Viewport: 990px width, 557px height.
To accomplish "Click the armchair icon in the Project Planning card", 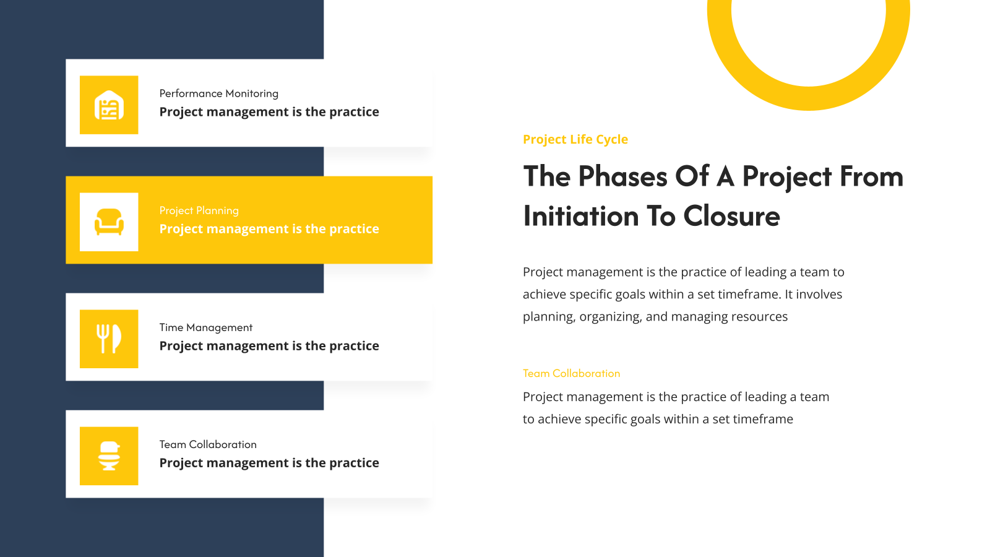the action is (x=109, y=222).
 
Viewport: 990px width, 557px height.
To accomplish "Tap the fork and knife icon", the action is (x=109, y=339).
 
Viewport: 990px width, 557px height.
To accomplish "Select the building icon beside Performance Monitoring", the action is (x=109, y=105).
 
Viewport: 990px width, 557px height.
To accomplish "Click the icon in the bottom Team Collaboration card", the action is (x=109, y=456).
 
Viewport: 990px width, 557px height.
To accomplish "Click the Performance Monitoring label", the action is (x=219, y=93).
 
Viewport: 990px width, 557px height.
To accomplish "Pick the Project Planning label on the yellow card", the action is (x=199, y=211).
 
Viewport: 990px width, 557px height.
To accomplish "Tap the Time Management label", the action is (x=206, y=327).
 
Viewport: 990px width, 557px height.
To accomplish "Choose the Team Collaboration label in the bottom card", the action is (x=208, y=444).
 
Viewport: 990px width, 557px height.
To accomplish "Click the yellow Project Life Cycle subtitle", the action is (x=575, y=139).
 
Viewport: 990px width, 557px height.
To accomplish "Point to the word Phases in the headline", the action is (x=622, y=176).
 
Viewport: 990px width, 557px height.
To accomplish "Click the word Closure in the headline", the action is (x=731, y=216).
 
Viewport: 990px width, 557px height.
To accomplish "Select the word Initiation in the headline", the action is (x=581, y=216).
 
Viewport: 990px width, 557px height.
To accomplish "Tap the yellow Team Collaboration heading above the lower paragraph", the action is (x=572, y=374).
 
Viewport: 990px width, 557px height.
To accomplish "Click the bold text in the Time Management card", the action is (x=269, y=346).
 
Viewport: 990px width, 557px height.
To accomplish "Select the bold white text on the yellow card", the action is (x=269, y=229).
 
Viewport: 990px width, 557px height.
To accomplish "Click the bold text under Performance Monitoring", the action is (x=269, y=112).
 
